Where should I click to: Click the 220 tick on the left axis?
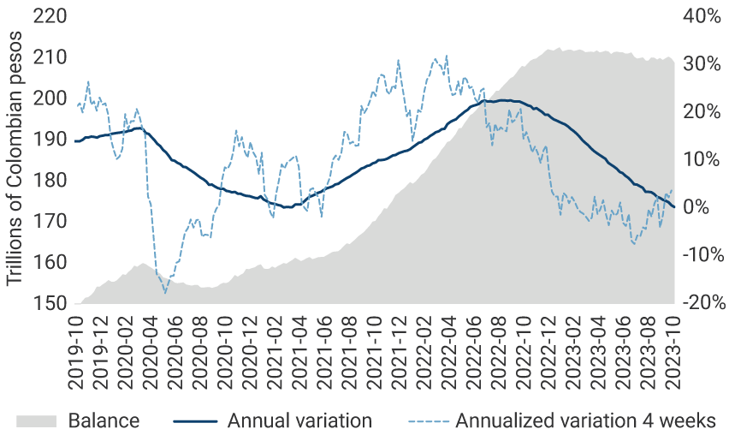click(x=50, y=15)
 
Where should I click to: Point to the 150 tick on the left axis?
click(x=50, y=304)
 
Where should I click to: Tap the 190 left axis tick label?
click(x=50, y=139)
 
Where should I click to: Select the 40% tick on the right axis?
click(x=701, y=15)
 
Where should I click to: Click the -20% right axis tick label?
click(x=701, y=304)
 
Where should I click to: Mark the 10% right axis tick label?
click(x=701, y=159)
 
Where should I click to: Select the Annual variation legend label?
click(x=299, y=420)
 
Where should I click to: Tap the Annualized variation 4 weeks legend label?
click(x=585, y=420)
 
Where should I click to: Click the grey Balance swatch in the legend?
click(x=36, y=420)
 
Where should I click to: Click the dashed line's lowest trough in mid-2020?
click(x=165, y=293)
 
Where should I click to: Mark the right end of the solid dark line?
click(x=674, y=207)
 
